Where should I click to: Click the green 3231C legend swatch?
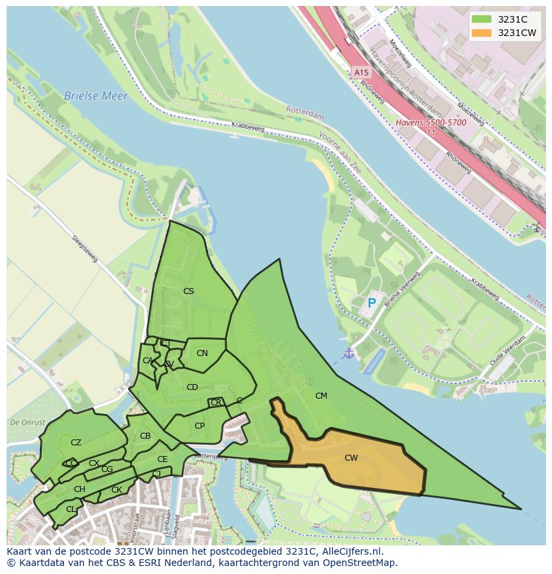[x=481, y=19]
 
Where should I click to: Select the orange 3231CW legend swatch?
[x=481, y=33]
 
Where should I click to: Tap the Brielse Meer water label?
[x=95, y=96]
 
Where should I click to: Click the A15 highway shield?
[x=361, y=72]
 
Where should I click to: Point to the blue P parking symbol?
[x=372, y=303]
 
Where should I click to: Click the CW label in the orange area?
[x=351, y=458]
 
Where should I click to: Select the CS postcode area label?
[x=189, y=291]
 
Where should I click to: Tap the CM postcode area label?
[x=321, y=396]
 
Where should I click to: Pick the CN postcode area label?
[x=202, y=353]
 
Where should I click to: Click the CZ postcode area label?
[x=76, y=443]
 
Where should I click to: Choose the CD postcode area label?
[x=192, y=387]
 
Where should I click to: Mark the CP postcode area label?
[x=199, y=426]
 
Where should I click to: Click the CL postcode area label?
[x=71, y=509]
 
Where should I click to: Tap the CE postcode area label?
[x=163, y=459]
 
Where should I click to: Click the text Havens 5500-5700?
[x=431, y=123]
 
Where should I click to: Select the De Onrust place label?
[x=27, y=423]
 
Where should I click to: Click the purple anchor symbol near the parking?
[x=348, y=353]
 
